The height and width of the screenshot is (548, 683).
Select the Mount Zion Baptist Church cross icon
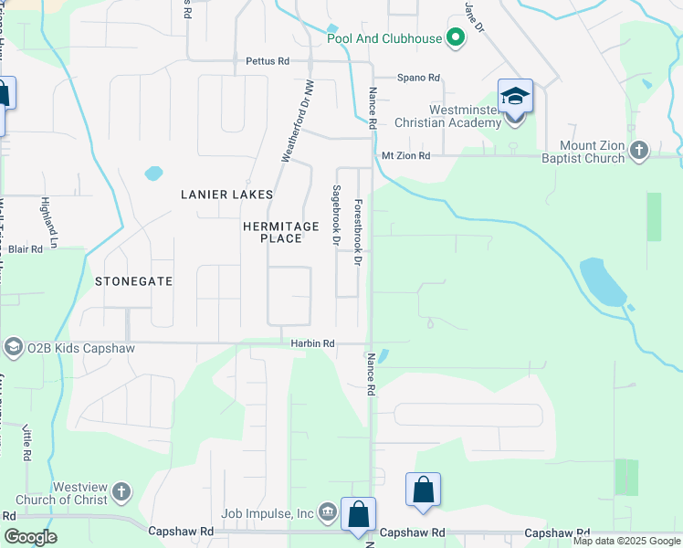click(x=639, y=150)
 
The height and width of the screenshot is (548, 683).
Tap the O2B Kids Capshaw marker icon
click(x=13, y=347)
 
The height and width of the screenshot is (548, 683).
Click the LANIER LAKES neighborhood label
click(x=226, y=195)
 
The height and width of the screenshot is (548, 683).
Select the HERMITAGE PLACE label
click(x=281, y=232)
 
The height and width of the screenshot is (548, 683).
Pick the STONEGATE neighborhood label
click(x=133, y=281)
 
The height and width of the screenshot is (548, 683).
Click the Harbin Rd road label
click(x=312, y=343)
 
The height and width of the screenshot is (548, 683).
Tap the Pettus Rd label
click(x=268, y=61)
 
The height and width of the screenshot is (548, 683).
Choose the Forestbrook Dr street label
click(x=358, y=233)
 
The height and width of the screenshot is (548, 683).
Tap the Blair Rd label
click(x=26, y=248)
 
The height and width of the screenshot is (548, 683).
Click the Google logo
click(x=30, y=536)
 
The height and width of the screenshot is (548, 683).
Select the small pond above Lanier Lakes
click(x=153, y=173)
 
